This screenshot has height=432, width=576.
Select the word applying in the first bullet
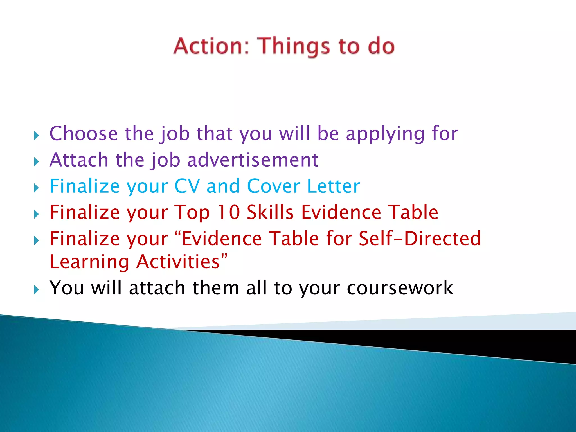[x=385, y=134]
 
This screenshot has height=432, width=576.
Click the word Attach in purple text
[x=79, y=160]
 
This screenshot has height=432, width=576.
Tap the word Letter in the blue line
[x=333, y=186]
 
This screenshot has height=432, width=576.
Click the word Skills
[x=270, y=212]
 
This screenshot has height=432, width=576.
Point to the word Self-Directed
[x=420, y=238]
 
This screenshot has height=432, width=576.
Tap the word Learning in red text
[x=89, y=262]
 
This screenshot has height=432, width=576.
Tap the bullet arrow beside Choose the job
[x=36, y=136]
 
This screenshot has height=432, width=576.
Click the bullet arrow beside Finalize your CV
[x=36, y=188]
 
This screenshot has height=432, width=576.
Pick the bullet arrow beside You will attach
[x=36, y=290]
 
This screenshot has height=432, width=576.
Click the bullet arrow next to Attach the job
[x=36, y=162]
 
